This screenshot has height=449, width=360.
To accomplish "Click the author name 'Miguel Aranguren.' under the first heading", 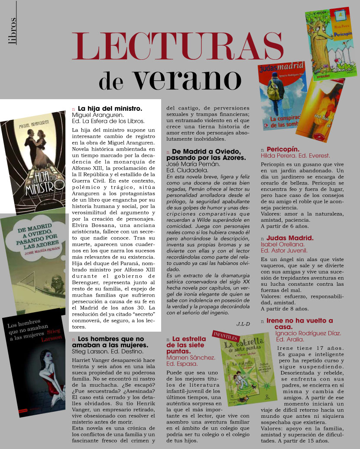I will coord(97,115).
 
